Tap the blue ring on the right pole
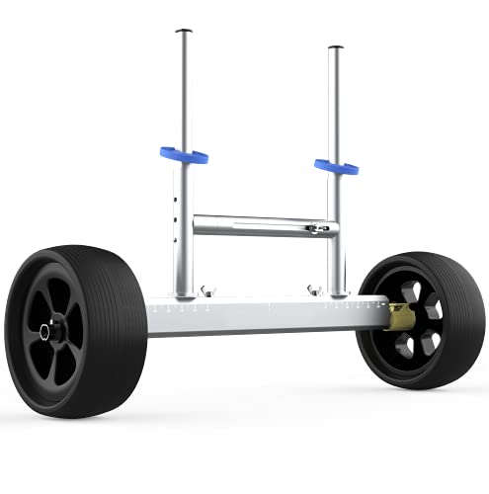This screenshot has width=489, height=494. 335,165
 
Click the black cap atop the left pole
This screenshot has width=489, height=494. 183,32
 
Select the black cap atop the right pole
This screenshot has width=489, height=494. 336,46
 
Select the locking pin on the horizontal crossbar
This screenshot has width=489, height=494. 314,229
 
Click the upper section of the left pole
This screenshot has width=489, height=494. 184,89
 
